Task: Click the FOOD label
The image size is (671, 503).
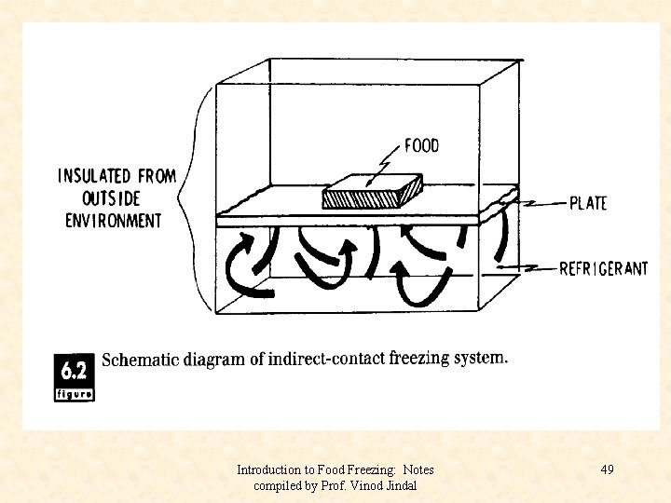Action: tap(421, 145)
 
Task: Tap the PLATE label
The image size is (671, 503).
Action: tap(587, 203)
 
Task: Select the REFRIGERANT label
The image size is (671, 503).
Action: tap(603, 269)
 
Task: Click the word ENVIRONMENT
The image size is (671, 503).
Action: tap(113, 221)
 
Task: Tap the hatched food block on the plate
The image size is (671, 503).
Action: tap(372, 195)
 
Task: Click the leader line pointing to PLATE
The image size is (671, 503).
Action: tap(540, 202)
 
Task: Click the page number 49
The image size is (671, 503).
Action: tap(607, 469)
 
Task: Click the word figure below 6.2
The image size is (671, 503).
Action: tap(75, 394)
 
